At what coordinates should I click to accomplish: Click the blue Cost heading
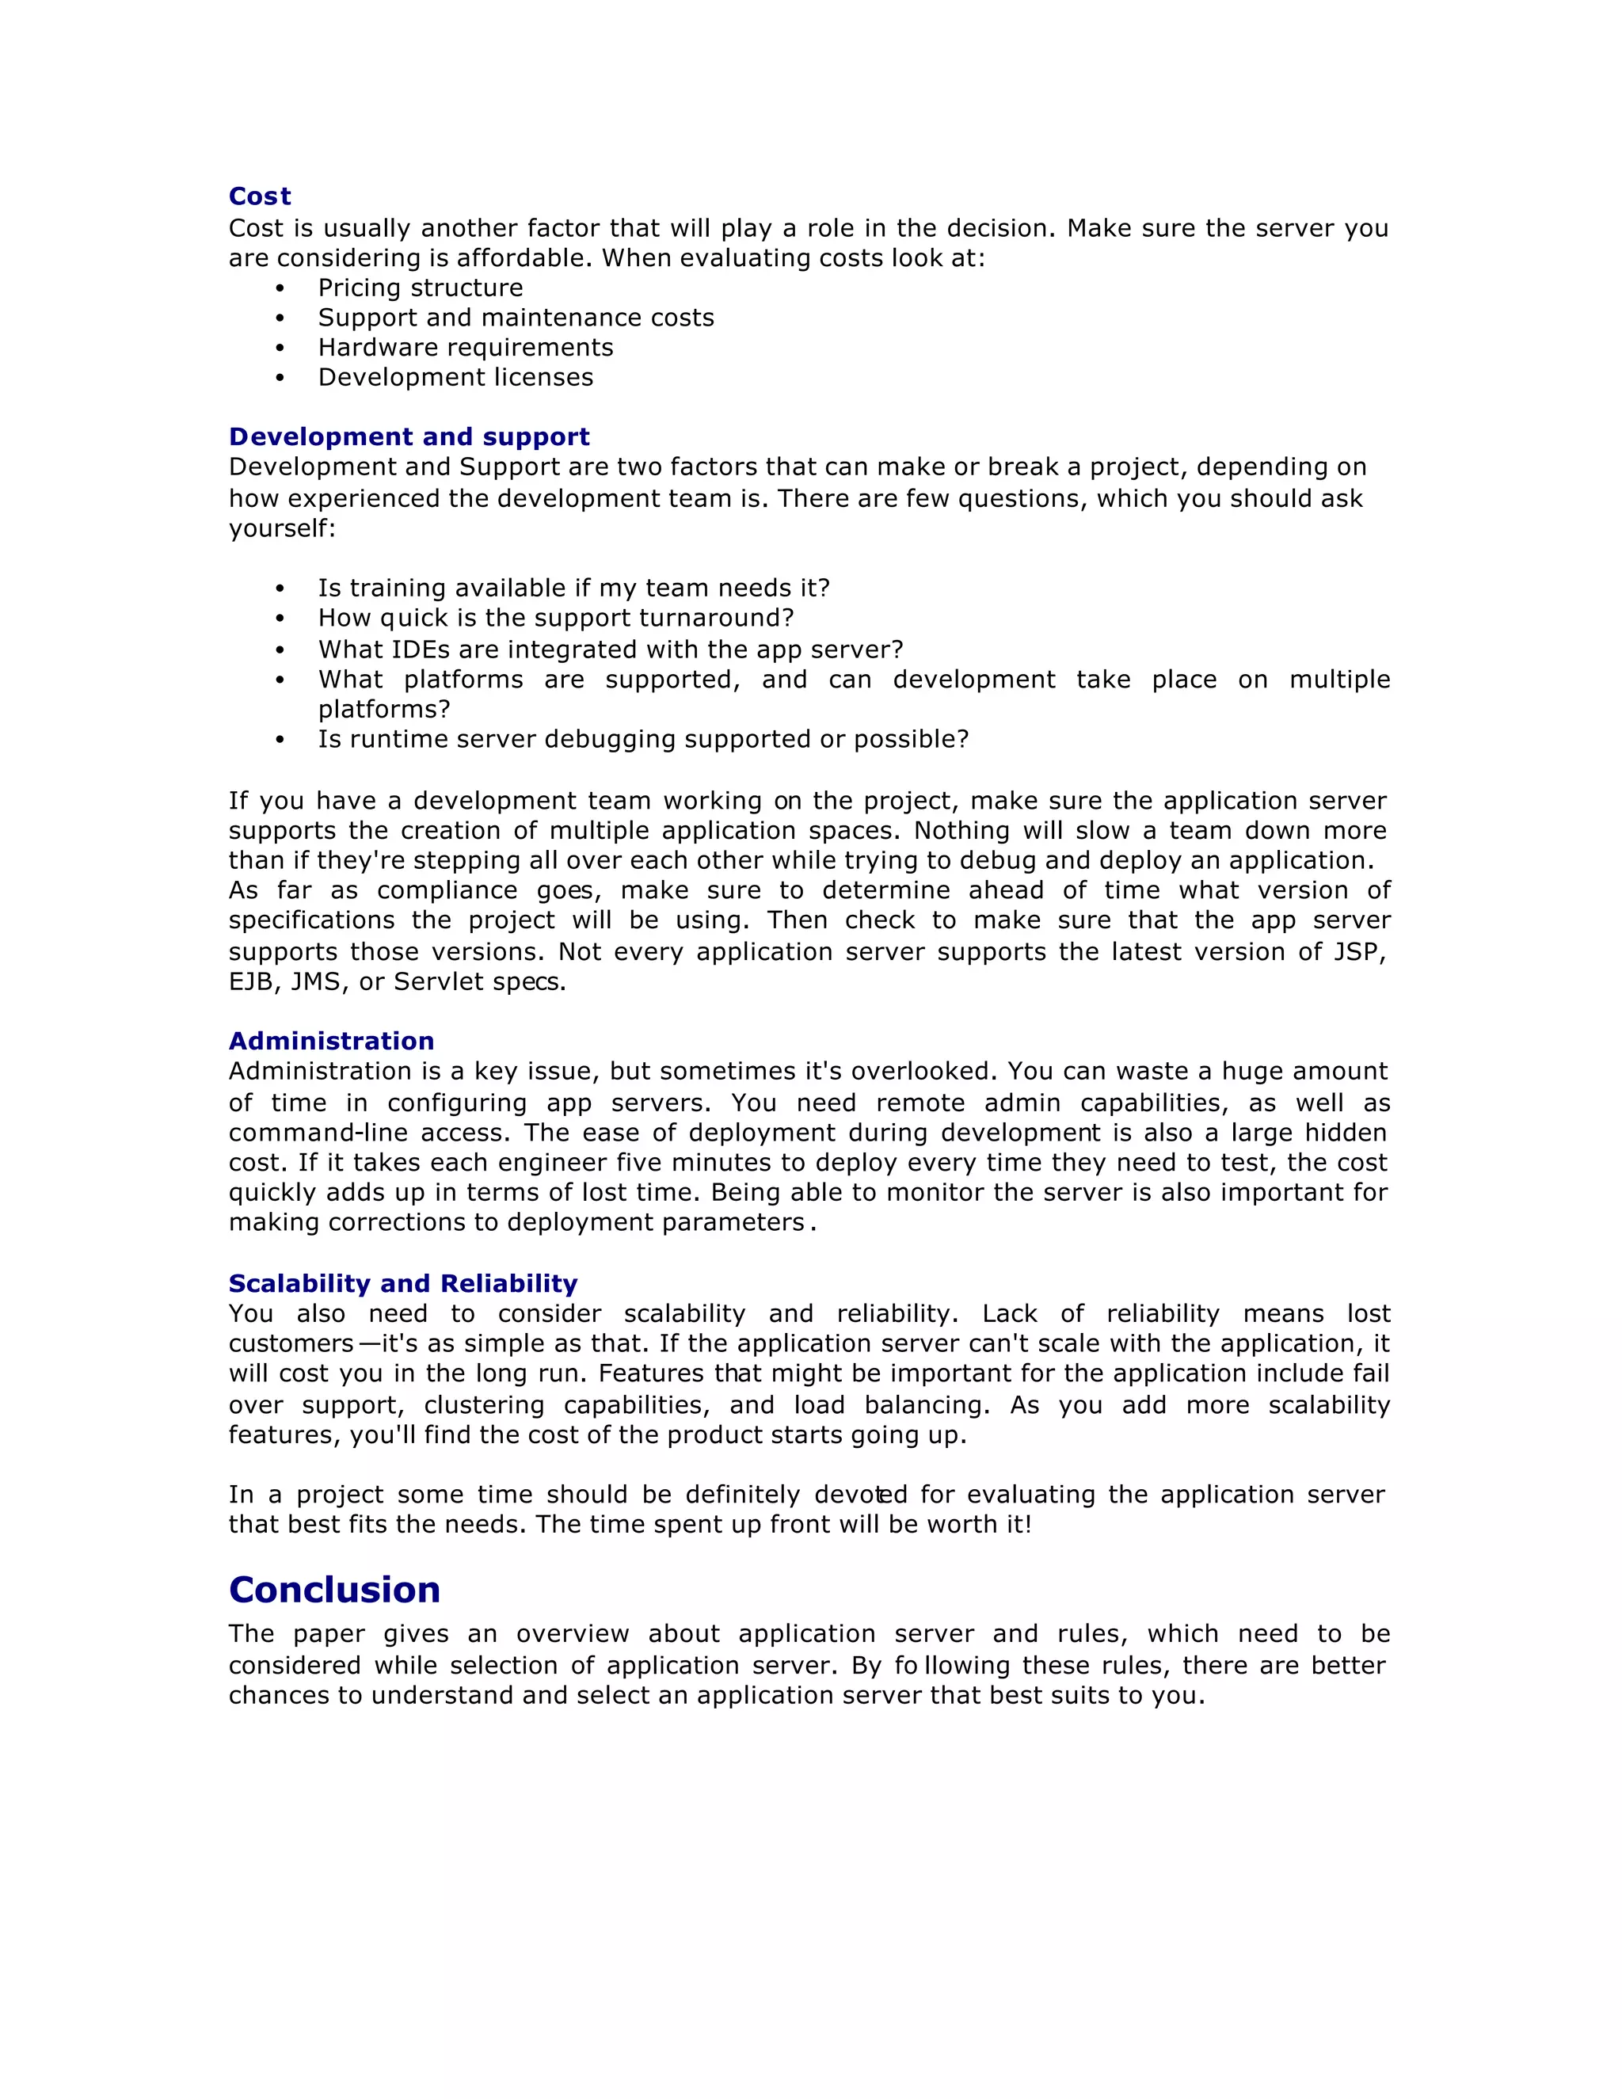[260, 196]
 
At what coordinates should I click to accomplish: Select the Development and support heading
[409, 436]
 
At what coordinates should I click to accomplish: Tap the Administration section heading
[330, 1041]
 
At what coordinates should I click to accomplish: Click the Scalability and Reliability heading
[402, 1283]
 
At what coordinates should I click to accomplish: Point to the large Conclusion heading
[334, 1590]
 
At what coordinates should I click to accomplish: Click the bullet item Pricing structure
[420, 288]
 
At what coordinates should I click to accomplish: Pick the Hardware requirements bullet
[465, 347]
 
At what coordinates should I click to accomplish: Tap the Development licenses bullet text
[455, 377]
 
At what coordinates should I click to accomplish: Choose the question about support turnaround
[556, 617]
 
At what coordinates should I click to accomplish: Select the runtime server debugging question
[643, 738]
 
